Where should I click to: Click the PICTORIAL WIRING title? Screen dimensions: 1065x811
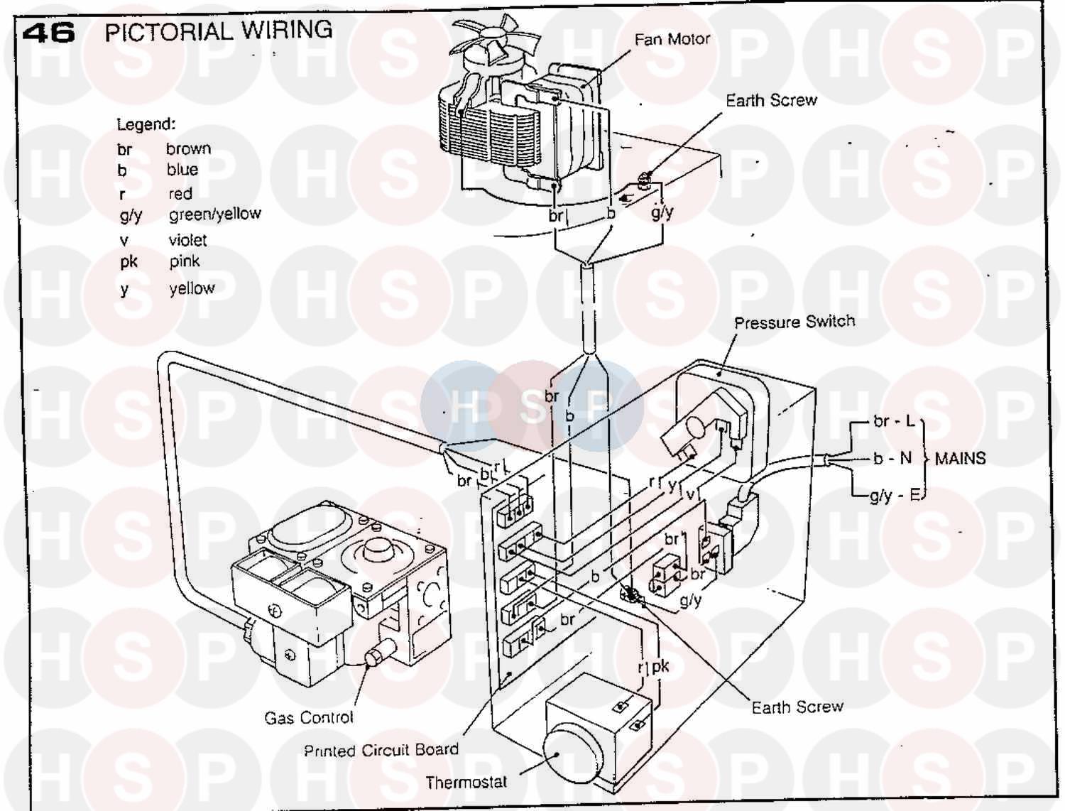tap(219, 31)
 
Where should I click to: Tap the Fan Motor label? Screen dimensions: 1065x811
tap(672, 39)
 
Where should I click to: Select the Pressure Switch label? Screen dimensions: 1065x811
tap(794, 322)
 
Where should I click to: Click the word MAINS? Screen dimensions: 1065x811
tap(960, 459)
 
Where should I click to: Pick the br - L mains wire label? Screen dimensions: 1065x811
tap(893, 421)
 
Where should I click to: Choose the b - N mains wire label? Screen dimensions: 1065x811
tap(892, 458)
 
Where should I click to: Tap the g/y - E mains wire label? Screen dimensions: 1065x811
tap(895, 496)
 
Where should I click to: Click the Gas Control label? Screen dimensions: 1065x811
tap(309, 717)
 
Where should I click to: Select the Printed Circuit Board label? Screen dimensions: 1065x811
tap(381, 751)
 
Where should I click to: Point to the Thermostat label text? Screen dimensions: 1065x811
tap(466, 783)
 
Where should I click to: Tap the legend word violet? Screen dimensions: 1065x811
tap(187, 240)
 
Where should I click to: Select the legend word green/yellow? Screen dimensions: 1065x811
tap(215, 214)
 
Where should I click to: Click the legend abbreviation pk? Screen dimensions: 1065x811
tap(129, 262)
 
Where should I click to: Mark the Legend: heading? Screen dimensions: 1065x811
tap(146, 125)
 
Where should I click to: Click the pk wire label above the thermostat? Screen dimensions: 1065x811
tap(660, 667)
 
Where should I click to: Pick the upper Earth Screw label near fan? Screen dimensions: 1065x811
tap(771, 100)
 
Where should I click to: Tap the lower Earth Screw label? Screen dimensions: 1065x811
tap(797, 707)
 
